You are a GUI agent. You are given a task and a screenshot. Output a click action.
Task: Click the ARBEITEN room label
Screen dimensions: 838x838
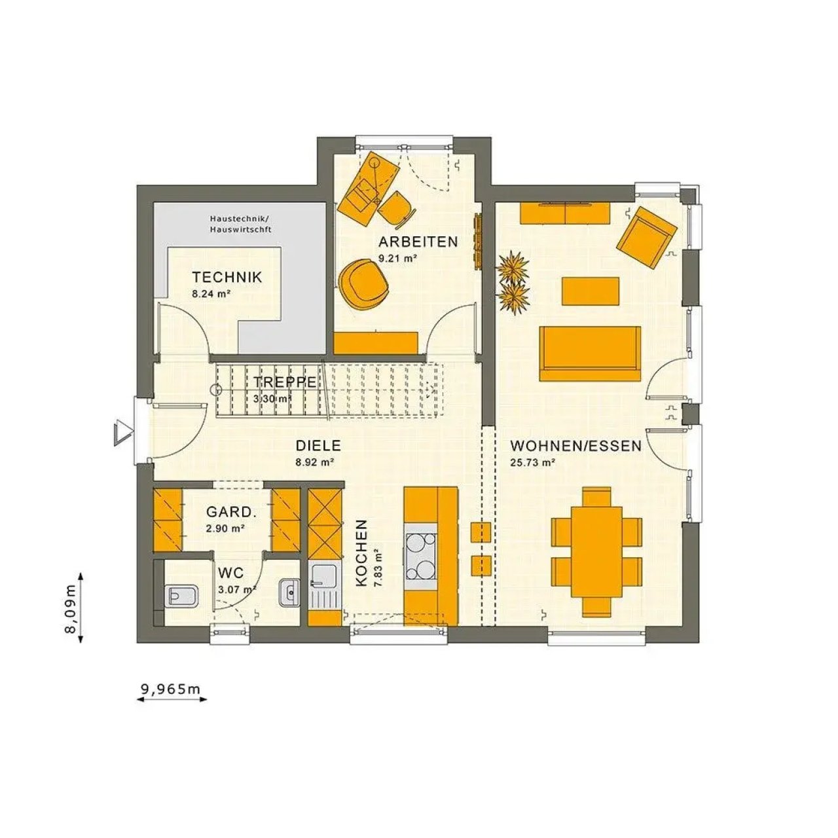click(x=418, y=242)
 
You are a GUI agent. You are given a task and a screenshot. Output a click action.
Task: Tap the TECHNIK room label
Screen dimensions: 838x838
click(x=227, y=277)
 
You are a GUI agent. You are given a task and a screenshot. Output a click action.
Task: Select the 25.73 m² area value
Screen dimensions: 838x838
click(x=532, y=463)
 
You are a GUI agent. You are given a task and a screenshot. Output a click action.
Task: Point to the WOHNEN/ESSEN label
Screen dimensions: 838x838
click(x=575, y=446)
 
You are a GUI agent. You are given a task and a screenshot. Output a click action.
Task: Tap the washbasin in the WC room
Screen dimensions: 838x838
click(x=289, y=592)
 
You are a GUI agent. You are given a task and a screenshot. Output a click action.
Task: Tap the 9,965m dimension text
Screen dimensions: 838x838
click(x=170, y=689)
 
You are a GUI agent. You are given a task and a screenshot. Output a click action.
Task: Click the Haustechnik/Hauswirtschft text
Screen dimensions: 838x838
click(x=240, y=224)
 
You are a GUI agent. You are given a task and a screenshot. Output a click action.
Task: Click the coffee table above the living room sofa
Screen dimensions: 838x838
click(x=591, y=291)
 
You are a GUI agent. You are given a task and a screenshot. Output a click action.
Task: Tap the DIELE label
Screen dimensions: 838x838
click(x=318, y=446)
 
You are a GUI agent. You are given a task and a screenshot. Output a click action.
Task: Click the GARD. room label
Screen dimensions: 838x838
click(x=231, y=512)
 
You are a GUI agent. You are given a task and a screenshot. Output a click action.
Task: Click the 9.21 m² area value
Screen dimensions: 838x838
click(x=398, y=259)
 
